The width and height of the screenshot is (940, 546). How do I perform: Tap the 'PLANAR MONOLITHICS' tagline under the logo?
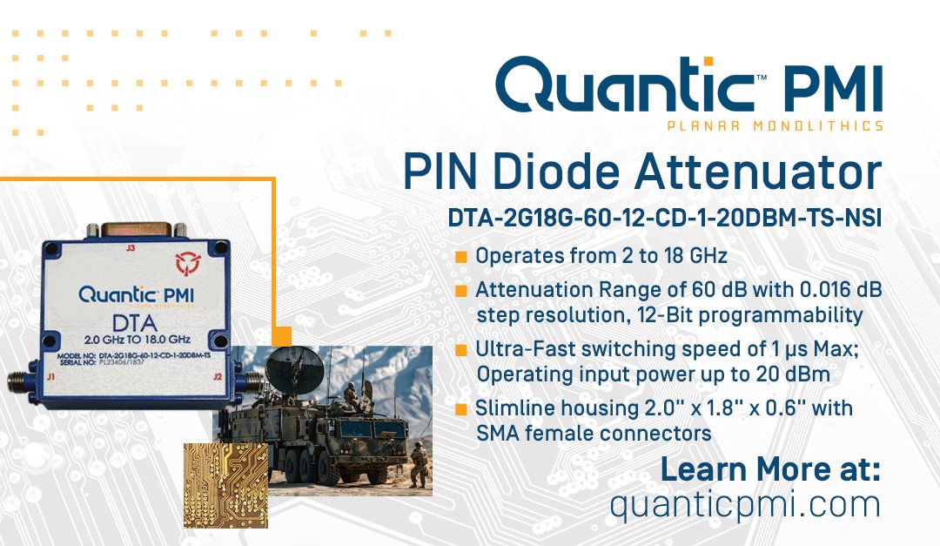(x=775, y=125)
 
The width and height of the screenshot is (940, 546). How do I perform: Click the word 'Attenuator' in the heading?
(x=757, y=173)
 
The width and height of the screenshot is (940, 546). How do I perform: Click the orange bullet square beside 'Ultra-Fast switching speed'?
(x=461, y=350)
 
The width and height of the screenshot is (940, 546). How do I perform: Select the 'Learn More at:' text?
(x=770, y=469)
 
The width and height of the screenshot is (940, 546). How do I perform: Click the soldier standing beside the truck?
(x=420, y=462)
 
